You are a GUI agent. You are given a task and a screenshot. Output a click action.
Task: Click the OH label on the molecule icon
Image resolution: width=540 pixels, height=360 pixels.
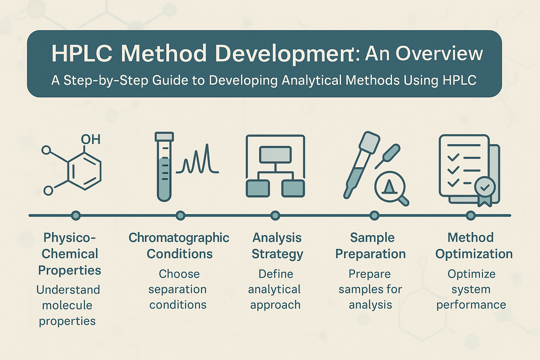(x=90, y=139)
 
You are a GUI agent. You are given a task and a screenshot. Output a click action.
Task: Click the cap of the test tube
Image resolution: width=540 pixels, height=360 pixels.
(x=164, y=136)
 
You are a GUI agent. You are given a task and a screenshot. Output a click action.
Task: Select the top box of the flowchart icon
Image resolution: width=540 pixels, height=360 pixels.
(x=275, y=154)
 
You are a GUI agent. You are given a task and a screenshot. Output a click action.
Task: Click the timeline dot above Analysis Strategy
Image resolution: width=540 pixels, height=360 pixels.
(x=275, y=216)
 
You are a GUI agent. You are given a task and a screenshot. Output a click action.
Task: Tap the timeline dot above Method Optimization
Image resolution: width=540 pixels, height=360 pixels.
(x=471, y=216)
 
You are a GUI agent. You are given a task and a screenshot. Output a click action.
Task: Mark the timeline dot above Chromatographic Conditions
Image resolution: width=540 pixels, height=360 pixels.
(x=181, y=216)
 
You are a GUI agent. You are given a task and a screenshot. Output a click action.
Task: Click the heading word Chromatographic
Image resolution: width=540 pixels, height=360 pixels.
(x=179, y=238)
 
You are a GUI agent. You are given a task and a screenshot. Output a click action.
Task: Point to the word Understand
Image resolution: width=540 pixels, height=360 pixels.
(x=68, y=290)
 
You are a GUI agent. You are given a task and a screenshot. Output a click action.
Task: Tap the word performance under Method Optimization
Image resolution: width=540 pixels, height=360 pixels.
(x=471, y=305)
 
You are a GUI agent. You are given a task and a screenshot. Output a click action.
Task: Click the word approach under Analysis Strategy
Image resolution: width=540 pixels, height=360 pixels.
(x=275, y=305)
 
